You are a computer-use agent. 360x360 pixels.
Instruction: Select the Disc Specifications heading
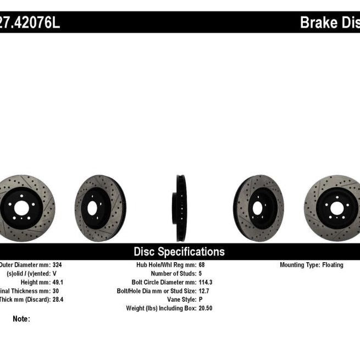(179, 252)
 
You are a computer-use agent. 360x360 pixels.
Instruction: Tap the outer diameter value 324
(58, 265)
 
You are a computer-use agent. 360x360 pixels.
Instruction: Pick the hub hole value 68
(202, 265)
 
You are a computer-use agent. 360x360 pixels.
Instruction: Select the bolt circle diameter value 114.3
(207, 282)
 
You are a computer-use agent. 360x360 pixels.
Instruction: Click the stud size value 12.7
(204, 291)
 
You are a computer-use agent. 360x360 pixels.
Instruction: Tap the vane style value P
(200, 300)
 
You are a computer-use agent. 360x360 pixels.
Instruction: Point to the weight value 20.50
(206, 308)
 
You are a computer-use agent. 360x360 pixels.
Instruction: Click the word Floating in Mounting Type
(333, 265)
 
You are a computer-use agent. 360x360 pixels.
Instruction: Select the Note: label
(21, 319)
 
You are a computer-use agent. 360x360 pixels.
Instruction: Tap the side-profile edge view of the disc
(181, 208)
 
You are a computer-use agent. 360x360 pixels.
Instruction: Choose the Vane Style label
(182, 300)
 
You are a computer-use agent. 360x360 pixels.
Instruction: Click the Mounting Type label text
(300, 265)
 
